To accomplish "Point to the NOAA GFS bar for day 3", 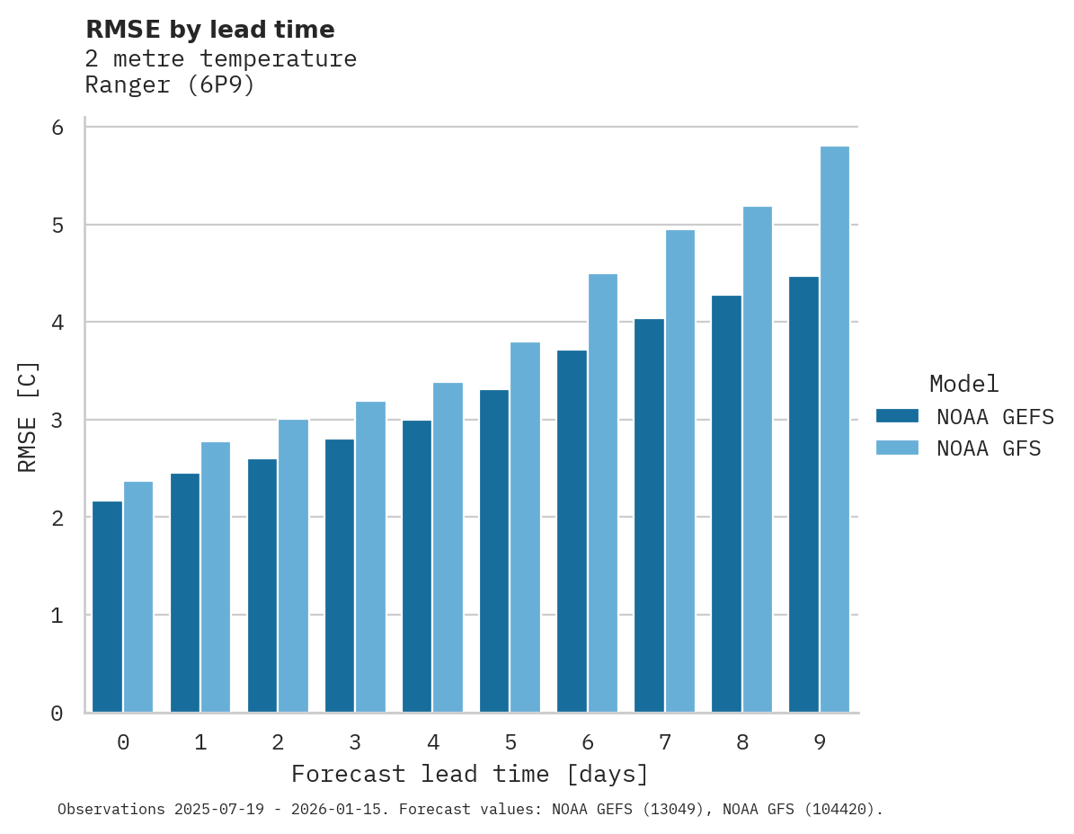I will click(371, 556).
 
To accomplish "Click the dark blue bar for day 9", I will click(803, 494).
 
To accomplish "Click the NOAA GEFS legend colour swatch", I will click(897, 415).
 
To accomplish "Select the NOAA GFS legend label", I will click(989, 448).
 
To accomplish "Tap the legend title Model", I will click(963, 384).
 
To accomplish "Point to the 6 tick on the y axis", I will click(58, 128).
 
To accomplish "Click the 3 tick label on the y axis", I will click(58, 421).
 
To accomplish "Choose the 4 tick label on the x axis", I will click(433, 742).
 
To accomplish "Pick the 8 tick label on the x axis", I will click(742, 742).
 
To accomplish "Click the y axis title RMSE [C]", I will click(28, 416).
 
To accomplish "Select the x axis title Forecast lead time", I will click(469, 774).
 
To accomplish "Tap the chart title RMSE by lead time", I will click(210, 30).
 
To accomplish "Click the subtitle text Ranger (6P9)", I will click(170, 85).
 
